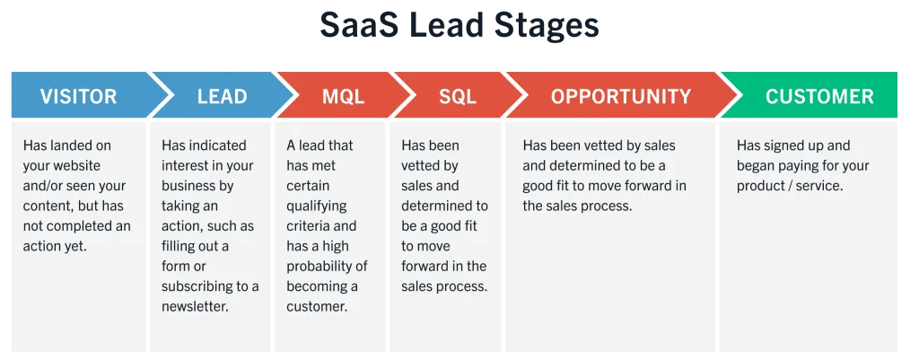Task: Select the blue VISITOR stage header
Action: [x=79, y=96]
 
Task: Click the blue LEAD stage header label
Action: [x=222, y=96]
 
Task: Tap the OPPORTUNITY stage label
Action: [x=621, y=96]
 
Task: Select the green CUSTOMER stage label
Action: [x=819, y=96]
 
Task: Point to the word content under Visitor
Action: [x=45, y=206]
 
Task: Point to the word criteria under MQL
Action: [x=309, y=226]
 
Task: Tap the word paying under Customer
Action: [x=810, y=166]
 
